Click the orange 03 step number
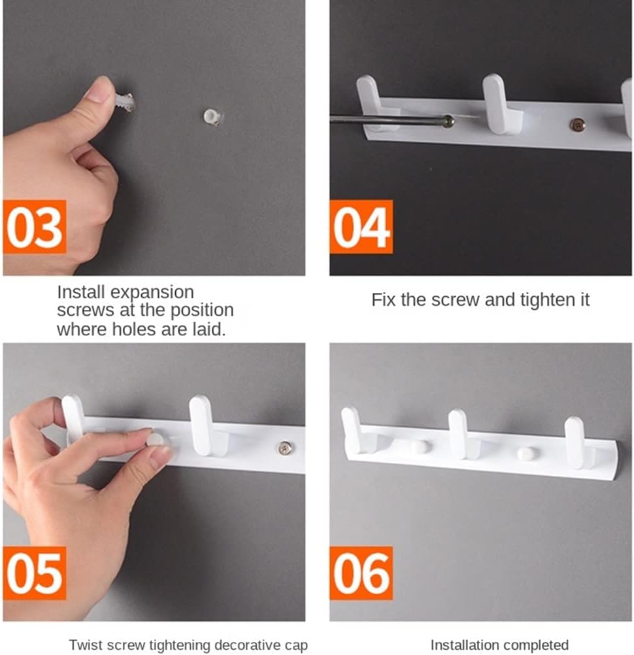point(35,227)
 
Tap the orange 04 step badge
point(361,227)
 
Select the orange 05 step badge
point(35,573)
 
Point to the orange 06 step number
point(361,573)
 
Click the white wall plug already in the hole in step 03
point(214,116)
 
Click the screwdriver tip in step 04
point(449,121)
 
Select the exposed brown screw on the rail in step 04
point(577,124)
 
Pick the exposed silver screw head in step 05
point(285,448)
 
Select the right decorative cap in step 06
point(525,454)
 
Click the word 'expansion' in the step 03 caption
point(152,292)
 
